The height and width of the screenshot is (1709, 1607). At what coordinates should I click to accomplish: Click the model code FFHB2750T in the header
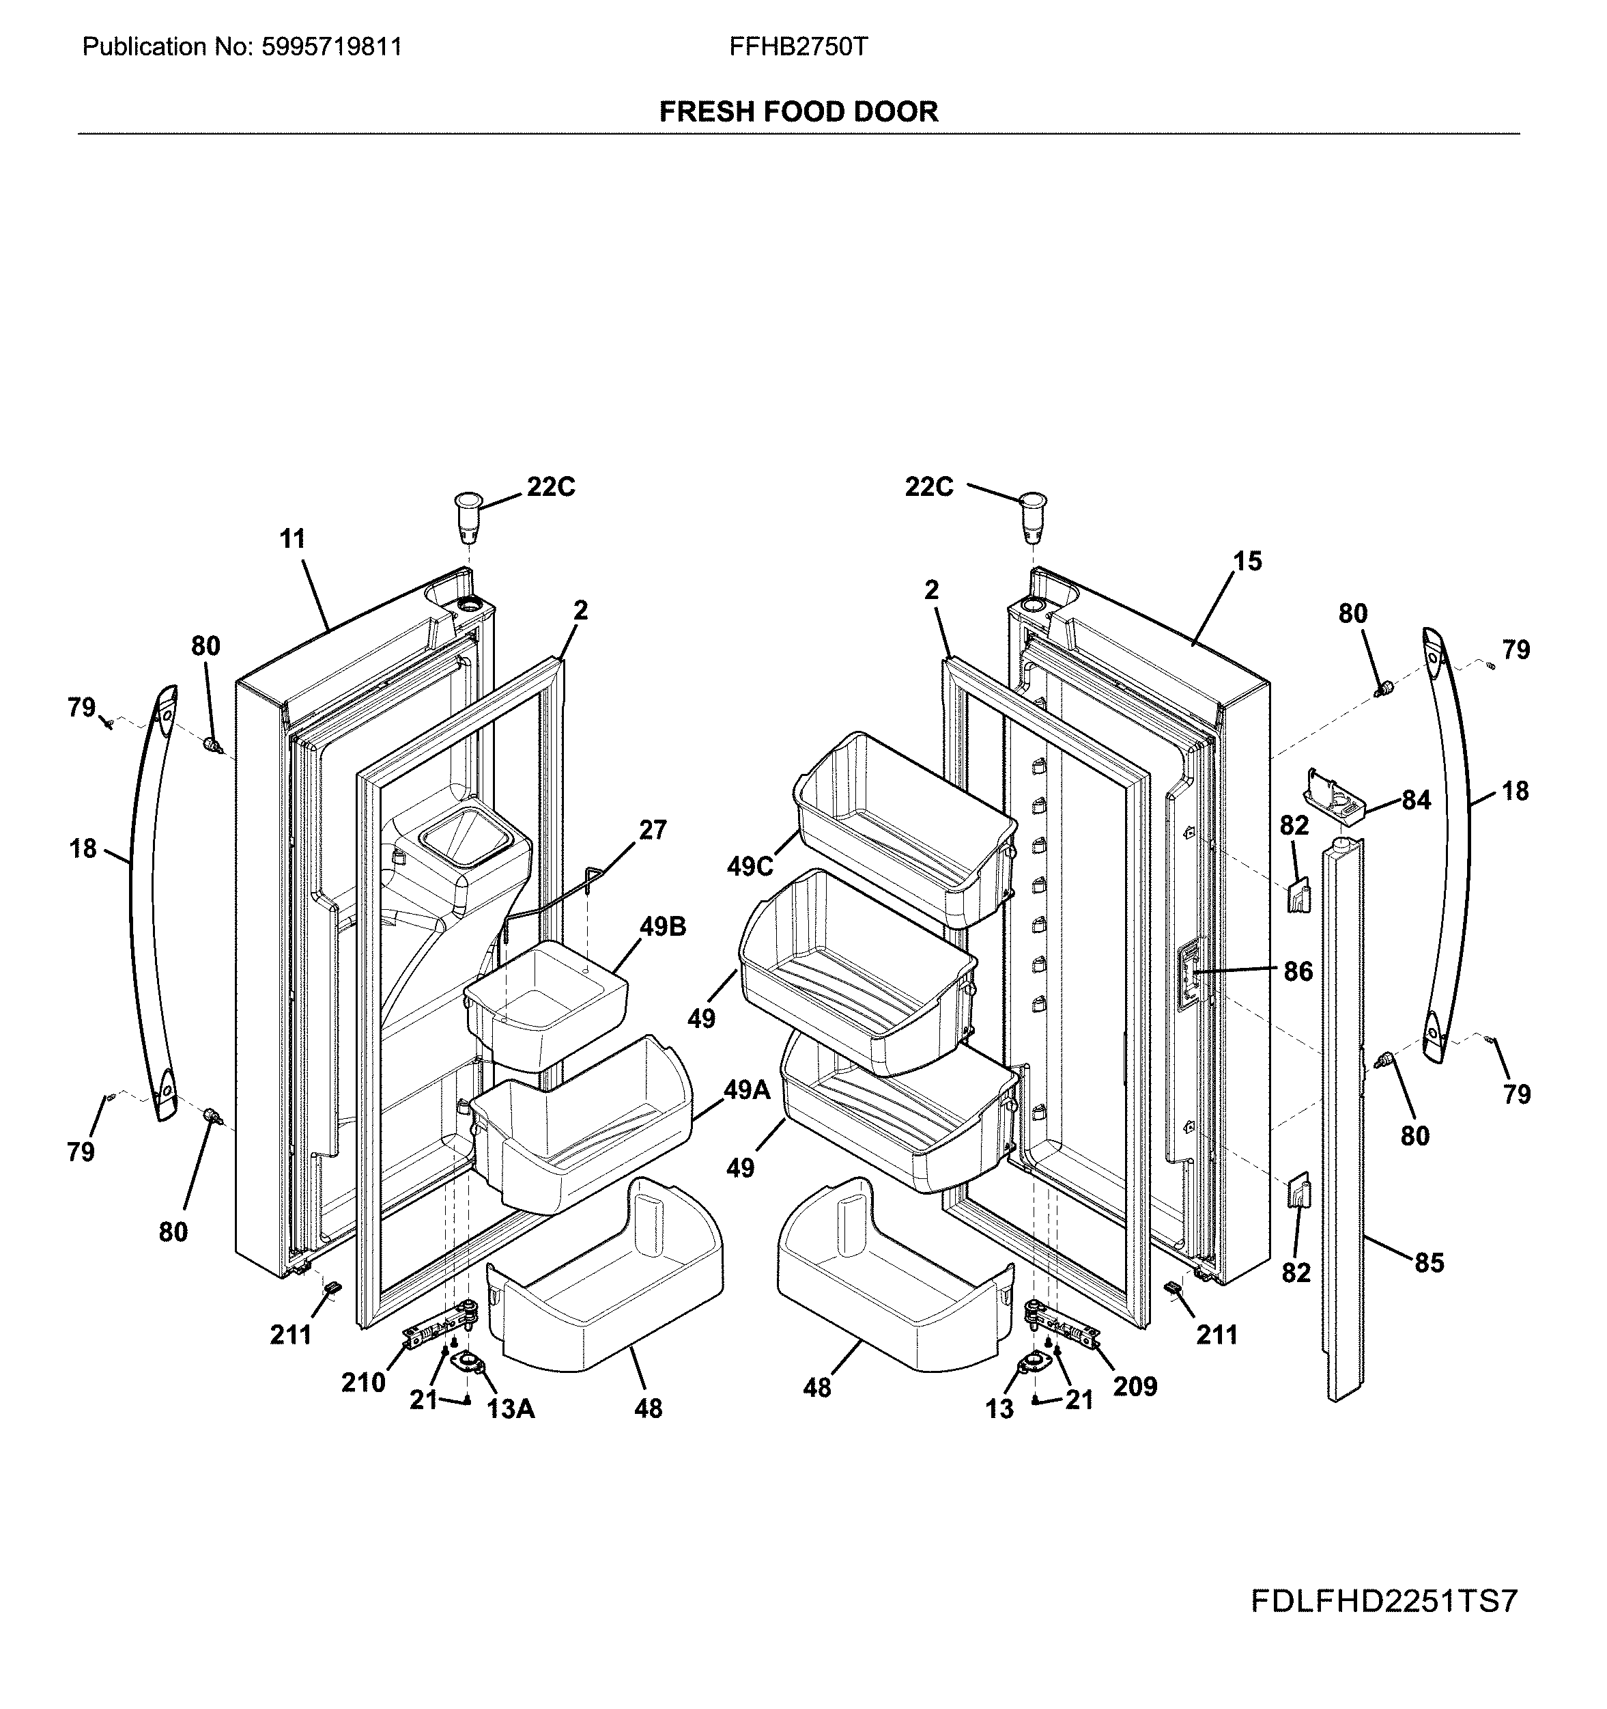798,46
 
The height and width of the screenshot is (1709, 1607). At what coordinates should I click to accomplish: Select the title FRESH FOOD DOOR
798,112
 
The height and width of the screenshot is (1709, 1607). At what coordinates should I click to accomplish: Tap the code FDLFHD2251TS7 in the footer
1384,1602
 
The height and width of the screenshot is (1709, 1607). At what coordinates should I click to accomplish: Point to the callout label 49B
663,928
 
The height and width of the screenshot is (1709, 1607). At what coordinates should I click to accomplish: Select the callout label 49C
750,867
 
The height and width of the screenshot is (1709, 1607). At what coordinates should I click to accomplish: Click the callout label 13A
511,1410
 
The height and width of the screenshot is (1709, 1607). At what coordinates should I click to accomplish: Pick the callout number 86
1298,972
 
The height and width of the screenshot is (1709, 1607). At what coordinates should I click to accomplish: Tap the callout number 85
1429,1263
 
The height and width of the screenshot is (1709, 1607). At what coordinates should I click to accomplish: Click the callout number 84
1417,801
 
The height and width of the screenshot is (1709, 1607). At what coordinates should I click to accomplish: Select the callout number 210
362,1383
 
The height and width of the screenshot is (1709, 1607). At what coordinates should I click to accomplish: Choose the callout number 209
1135,1387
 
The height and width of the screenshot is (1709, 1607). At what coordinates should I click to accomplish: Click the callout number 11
292,540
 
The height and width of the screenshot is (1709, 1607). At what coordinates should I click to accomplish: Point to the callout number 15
1247,561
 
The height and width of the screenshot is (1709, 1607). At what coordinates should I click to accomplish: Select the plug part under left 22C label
468,516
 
